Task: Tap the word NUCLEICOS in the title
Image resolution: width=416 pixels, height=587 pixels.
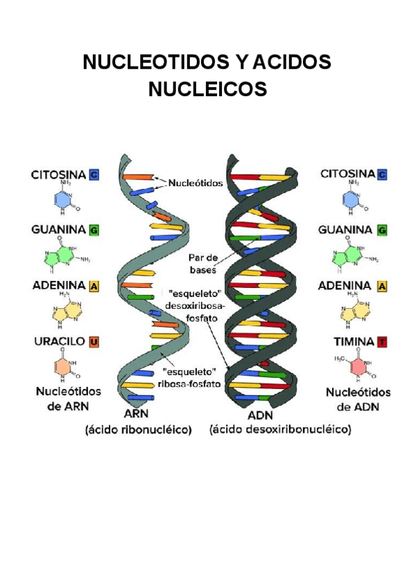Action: (x=207, y=89)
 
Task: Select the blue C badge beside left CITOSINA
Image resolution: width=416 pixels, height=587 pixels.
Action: (x=94, y=175)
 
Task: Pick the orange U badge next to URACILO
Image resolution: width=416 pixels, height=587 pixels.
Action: (x=94, y=341)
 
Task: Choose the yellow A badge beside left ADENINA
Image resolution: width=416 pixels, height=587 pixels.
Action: (x=93, y=285)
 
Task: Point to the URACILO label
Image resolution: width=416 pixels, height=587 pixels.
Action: (x=59, y=341)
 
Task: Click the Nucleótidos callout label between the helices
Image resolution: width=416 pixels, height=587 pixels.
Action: (x=194, y=183)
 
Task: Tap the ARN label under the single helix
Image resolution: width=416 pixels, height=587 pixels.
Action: (x=137, y=415)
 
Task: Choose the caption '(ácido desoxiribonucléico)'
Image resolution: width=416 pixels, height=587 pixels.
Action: (x=280, y=430)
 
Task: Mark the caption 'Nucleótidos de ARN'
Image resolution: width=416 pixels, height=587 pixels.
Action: (x=68, y=399)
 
